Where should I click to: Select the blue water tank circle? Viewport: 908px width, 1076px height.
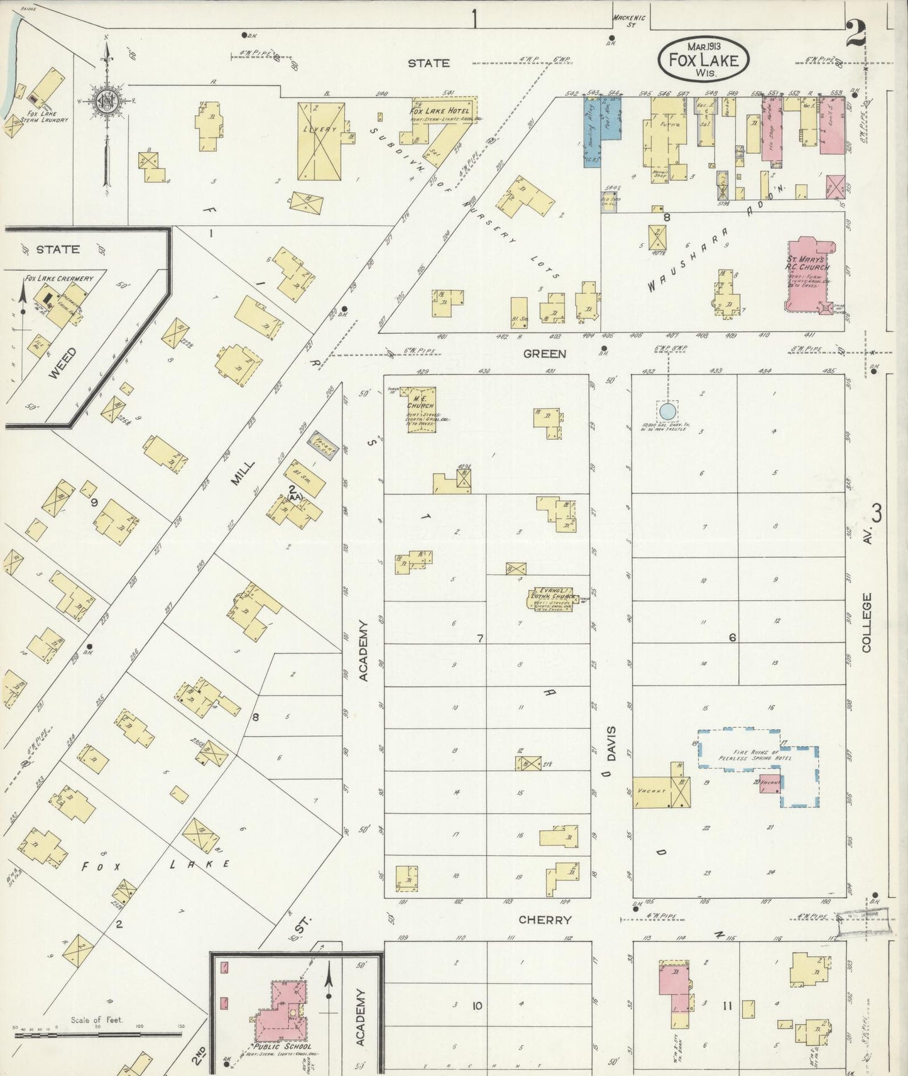point(667,412)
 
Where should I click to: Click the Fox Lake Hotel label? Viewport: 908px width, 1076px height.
point(439,111)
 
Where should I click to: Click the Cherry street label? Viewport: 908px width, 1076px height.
point(545,920)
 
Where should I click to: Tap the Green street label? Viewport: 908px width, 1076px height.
point(545,354)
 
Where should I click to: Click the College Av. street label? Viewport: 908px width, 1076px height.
point(867,622)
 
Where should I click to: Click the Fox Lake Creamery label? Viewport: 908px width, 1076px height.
point(59,278)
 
